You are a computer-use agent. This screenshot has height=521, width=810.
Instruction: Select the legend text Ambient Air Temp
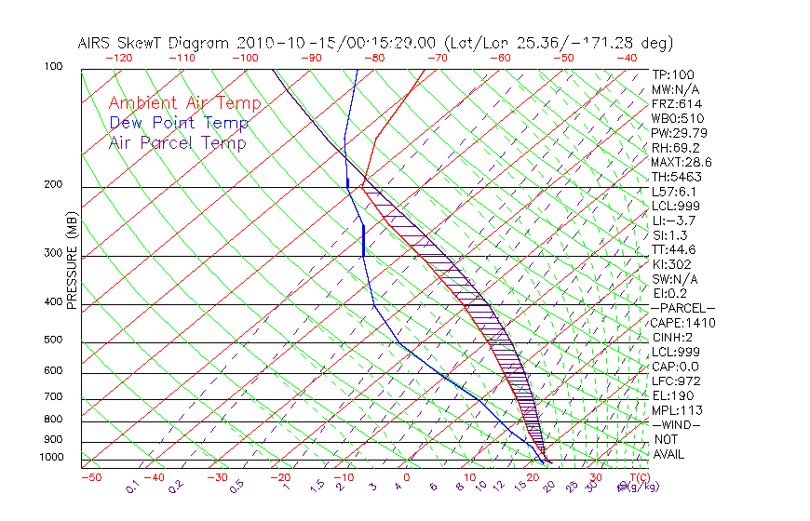184,103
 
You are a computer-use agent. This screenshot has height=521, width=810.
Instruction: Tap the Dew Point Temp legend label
178,123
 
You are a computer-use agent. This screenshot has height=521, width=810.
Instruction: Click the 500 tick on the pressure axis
53,341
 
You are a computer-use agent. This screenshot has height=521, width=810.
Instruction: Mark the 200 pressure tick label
53,185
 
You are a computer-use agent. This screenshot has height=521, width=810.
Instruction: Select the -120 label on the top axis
118,58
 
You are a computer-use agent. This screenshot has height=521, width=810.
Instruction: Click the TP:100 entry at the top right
672,74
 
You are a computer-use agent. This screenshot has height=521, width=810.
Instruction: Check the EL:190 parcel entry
674,395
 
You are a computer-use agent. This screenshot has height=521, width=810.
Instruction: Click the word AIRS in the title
96,43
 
